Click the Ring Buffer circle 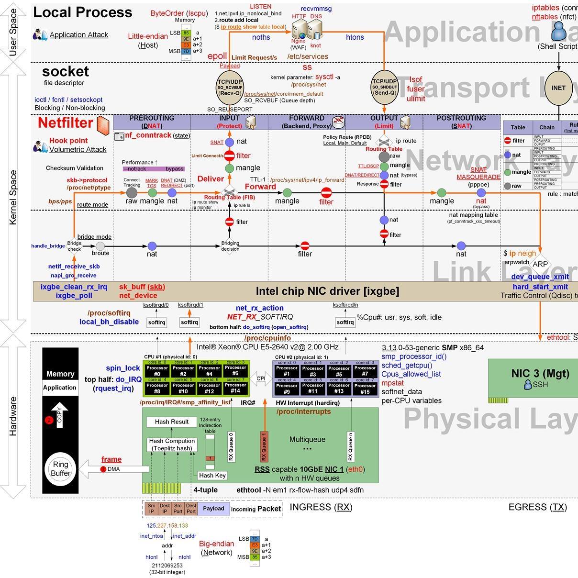pyautogui.click(x=60, y=469)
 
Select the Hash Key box pyautogui.click(x=212, y=475)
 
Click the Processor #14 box pyautogui.click(x=235, y=388)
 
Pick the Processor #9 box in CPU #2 pyautogui.click(x=287, y=389)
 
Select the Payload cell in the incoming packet pyautogui.click(x=213, y=509)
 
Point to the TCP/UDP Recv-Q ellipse pyautogui.click(x=230, y=88)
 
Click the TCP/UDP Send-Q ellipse pyautogui.click(x=384, y=87)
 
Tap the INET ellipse pyautogui.click(x=558, y=88)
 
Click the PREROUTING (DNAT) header pyautogui.click(x=152, y=122)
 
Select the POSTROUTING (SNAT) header pyautogui.click(x=461, y=122)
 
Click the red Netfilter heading pyautogui.click(x=66, y=123)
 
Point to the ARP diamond pyautogui.click(x=540, y=264)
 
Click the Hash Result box pyautogui.click(x=172, y=422)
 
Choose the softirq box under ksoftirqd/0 pyautogui.click(x=156, y=322)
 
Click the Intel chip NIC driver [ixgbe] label pyautogui.click(x=327, y=291)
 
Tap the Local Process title pyautogui.click(x=82, y=12)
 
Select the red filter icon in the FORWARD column pyautogui.click(x=326, y=193)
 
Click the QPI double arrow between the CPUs pyautogui.click(x=261, y=378)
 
